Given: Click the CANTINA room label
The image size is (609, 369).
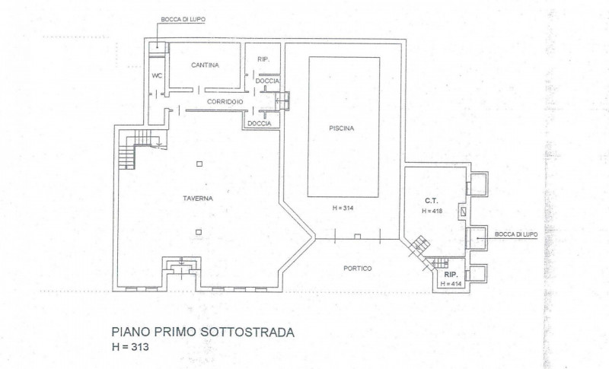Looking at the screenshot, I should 206,65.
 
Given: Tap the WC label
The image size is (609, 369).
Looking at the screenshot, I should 157,76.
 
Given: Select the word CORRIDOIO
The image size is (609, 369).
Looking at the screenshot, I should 225,101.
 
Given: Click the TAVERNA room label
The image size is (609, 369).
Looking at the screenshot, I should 197,198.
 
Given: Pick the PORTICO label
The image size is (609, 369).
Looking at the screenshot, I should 358,268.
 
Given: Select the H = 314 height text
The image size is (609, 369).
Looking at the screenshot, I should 344,208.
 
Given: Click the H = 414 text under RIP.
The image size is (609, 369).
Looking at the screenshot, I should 451,284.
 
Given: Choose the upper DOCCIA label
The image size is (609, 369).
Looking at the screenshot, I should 267,81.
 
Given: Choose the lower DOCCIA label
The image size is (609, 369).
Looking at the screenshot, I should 259,123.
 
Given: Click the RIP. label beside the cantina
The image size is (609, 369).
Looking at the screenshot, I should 264,59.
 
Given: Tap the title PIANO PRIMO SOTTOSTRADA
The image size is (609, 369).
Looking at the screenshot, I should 202,332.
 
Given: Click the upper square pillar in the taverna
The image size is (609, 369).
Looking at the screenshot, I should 199,163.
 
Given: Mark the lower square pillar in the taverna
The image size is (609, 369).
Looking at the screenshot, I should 199,232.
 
